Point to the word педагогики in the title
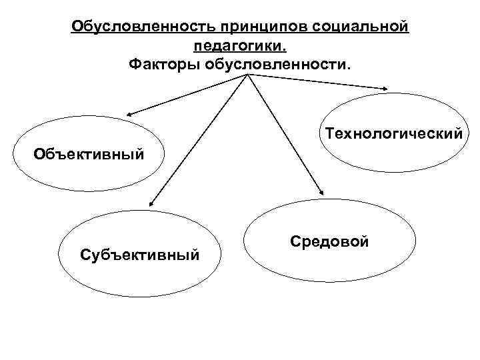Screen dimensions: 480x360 click(x=239, y=47)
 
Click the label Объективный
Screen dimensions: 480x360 click(x=89, y=155)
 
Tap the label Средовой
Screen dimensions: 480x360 click(x=329, y=241)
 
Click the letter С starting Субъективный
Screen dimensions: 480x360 click(x=84, y=254)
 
